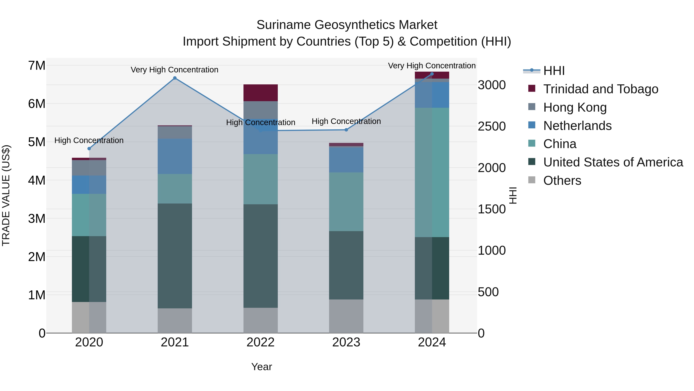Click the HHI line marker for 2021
pyautogui.click(x=175, y=78)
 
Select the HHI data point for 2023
pyautogui.click(x=346, y=130)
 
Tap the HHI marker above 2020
pyautogui.click(x=89, y=148)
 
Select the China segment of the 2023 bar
pyautogui.click(x=346, y=202)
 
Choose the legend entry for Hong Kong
pyautogui.click(x=575, y=107)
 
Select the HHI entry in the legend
pyautogui.click(x=554, y=71)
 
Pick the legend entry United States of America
pyautogui.click(x=613, y=162)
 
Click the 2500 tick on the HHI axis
pyautogui.click(x=492, y=126)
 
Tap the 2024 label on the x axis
pyautogui.click(x=432, y=342)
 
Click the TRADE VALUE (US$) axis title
pyautogui.click(x=6, y=195)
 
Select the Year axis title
pyautogui.click(x=261, y=367)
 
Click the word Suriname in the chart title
pyautogui.click(x=283, y=25)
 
